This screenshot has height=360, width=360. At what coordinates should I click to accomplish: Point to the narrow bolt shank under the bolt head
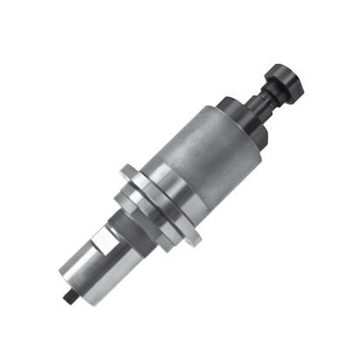[266, 98]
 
